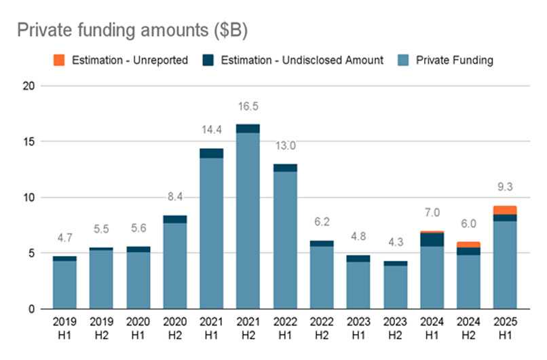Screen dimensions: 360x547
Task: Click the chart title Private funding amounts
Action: [x=132, y=31]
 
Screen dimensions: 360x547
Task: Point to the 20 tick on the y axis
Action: [x=27, y=86]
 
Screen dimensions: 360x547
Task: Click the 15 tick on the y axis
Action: [x=27, y=142]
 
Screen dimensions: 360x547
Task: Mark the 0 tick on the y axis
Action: [x=30, y=309]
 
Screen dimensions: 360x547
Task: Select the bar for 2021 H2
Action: [x=248, y=217]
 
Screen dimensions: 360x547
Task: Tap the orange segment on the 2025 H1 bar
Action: [x=505, y=210]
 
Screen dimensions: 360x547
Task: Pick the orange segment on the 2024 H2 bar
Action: [x=468, y=245]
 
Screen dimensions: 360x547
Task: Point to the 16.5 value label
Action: [x=248, y=107]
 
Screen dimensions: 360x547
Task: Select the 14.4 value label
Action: [x=211, y=131]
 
